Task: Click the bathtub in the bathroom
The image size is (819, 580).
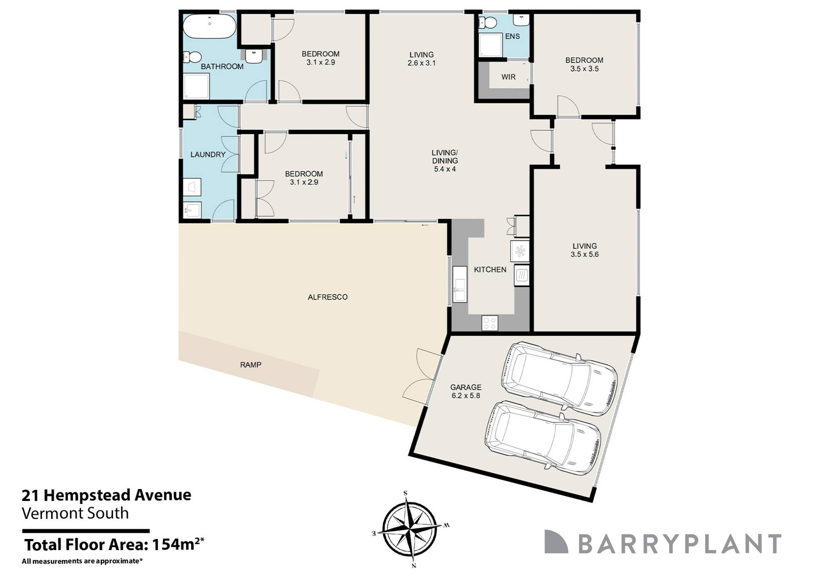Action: (x=209, y=26)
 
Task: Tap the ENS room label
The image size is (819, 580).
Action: (x=512, y=36)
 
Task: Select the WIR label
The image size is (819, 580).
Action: (x=508, y=77)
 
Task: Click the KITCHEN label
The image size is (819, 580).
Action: (x=490, y=270)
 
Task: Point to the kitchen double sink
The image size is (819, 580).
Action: (x=460, y=284)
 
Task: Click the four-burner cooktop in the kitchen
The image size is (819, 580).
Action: (x=490, y=323)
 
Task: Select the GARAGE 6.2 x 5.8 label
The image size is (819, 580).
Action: (x=466, y=391)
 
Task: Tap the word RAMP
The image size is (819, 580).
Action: (x=251, y=365)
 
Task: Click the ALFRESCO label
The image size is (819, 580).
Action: (x=328, y=297)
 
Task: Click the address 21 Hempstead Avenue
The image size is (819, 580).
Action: (x=106, y=495)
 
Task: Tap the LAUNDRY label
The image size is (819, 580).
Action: (x=208, y=155)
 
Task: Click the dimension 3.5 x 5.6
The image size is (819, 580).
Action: (x=584, y=255)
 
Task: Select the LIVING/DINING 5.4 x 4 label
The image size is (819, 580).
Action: (x=445, y=161)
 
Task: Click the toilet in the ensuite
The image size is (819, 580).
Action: (x=487, y=23)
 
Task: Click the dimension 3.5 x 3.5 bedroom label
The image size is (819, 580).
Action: (x=584, y=69)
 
